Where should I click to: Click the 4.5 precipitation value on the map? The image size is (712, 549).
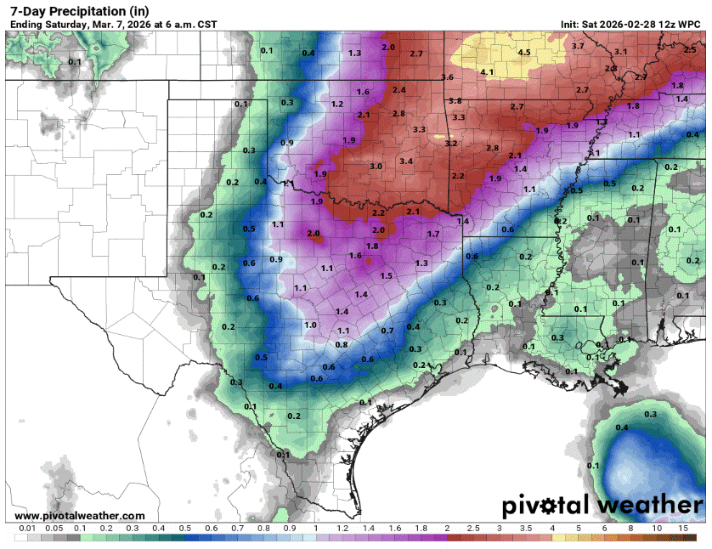[x=524, y=53]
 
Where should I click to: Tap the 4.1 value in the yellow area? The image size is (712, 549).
[x=487, y=72]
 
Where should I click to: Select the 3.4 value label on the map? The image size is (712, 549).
[x=406, y=161]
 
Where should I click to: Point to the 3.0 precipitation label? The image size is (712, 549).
[x=376, y=167]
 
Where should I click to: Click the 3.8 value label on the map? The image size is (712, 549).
[x=455, y=101]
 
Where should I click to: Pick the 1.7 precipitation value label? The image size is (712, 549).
[x=432, y=234]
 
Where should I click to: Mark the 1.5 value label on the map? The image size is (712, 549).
[x=386, y=276]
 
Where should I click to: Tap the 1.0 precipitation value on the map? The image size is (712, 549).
[x=311, y=325]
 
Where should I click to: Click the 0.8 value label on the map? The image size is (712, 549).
[x=342, y=344]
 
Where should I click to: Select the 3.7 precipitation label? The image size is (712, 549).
[x=578, y=45]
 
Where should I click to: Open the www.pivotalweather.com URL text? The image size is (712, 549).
[x=80, y=516]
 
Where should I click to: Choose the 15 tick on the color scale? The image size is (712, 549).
[x=682, y=528]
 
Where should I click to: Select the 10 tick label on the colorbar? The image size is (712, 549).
[x=656, y=528]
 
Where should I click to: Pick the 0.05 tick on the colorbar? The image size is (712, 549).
[x=55, y=528]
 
